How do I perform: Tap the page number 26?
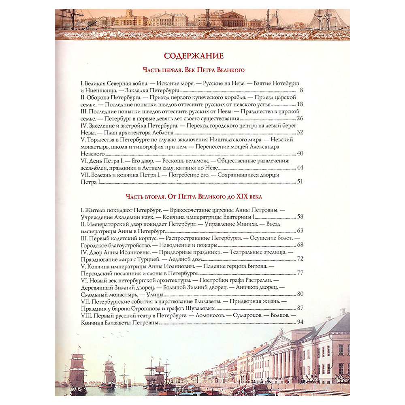coord(300,118)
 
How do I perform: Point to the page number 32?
coord(300,132)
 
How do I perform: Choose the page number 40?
coord(300,153)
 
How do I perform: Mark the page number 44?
coord(300,168)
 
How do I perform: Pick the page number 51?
coord(300,182)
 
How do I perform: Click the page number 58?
coord(300,217)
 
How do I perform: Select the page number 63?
coord(300,231)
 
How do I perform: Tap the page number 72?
coord(300,259)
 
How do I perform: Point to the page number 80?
coord(300,294)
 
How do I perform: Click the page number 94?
coord(300,322)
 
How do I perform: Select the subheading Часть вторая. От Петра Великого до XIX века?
coord(194,197)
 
